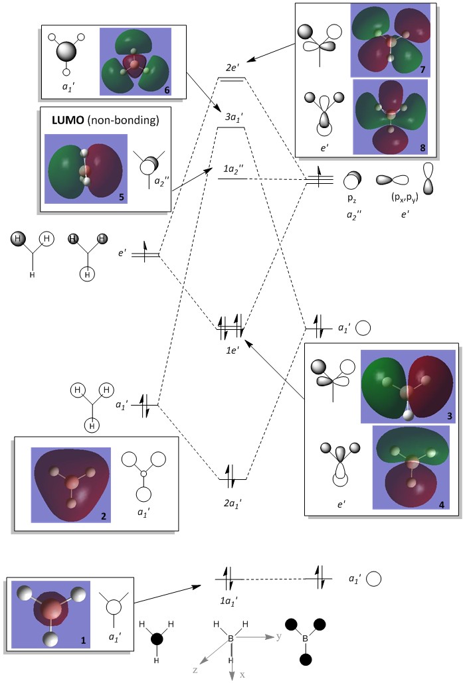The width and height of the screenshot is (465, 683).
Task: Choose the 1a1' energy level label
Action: pos(229,600)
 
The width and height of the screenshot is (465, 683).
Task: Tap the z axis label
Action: pos(196,670)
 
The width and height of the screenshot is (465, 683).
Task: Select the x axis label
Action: pos(242,675)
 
